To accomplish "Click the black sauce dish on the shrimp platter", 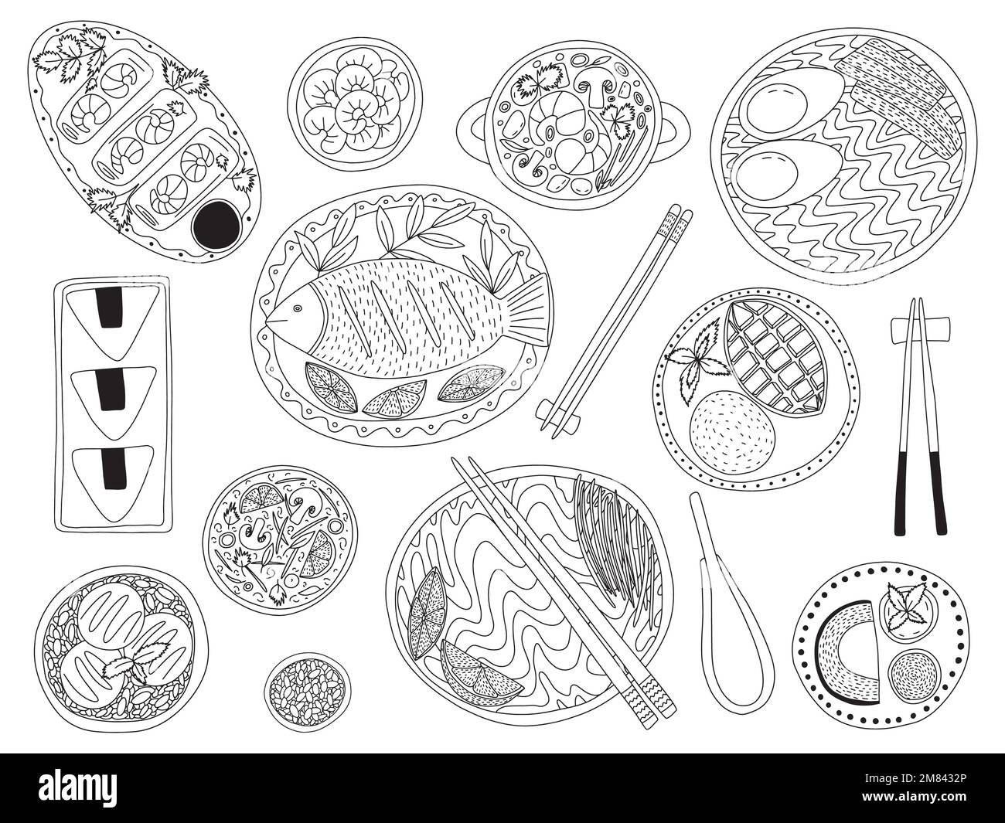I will coord(218,222).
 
